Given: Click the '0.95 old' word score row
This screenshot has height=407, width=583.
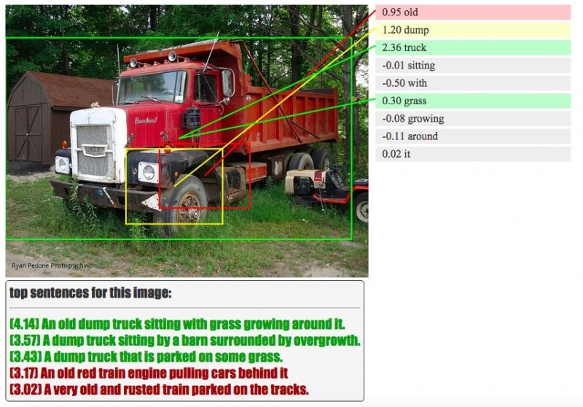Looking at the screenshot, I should tap(473, 12).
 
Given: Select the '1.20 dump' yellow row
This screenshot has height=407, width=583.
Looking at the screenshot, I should tap(473, 30).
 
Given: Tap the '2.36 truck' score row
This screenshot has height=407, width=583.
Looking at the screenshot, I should tap(473, 48).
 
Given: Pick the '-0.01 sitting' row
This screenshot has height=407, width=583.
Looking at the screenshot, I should tap(473, 66).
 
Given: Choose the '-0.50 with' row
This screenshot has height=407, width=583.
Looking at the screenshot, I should tap(473, 83).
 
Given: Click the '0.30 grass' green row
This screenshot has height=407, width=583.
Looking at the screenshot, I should tap(473, 101).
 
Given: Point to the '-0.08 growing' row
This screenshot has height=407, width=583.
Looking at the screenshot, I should tap(473, 119).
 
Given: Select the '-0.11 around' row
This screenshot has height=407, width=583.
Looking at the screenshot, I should tap(473, 136).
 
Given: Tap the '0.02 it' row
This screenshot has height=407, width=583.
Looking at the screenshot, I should tap(473, 154).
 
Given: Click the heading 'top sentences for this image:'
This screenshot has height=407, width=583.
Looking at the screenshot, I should tap(91, 294).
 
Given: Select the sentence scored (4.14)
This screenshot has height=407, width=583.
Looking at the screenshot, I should tap(177, 324).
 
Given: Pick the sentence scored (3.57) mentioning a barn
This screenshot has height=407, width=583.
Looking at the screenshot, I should tap(185, 341).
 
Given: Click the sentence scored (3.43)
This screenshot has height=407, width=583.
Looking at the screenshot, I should tap(146, 357).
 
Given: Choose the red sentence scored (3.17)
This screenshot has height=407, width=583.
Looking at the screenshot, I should tap(149, 373).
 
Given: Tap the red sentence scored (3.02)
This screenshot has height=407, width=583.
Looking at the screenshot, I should tap(159, 390).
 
